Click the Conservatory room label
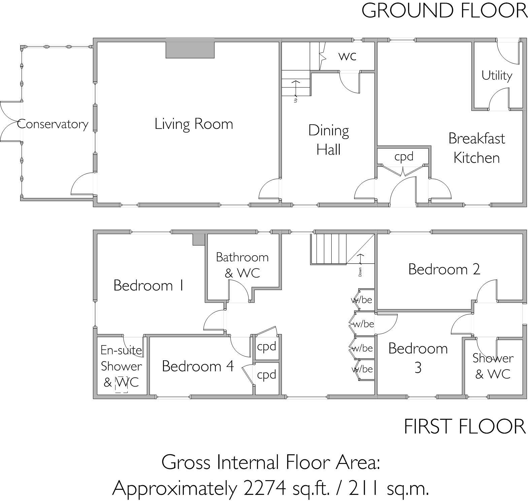pos(53,124)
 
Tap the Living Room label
pos(194,124)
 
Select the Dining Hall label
pos(329,140)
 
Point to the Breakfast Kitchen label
pos(476,148)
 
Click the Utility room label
pos(497,75)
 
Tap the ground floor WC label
pos(347,56)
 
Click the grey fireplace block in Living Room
pos(190,48)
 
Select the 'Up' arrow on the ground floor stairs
pos(296,89)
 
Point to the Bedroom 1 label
pos(148,286)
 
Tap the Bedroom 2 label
pos(444,269)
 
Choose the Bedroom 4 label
pos(198,366)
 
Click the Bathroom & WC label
pos(242,265)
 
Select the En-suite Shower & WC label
pos(121,366)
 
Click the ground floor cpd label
pos(404,157)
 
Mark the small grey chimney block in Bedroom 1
pos(199,239)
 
